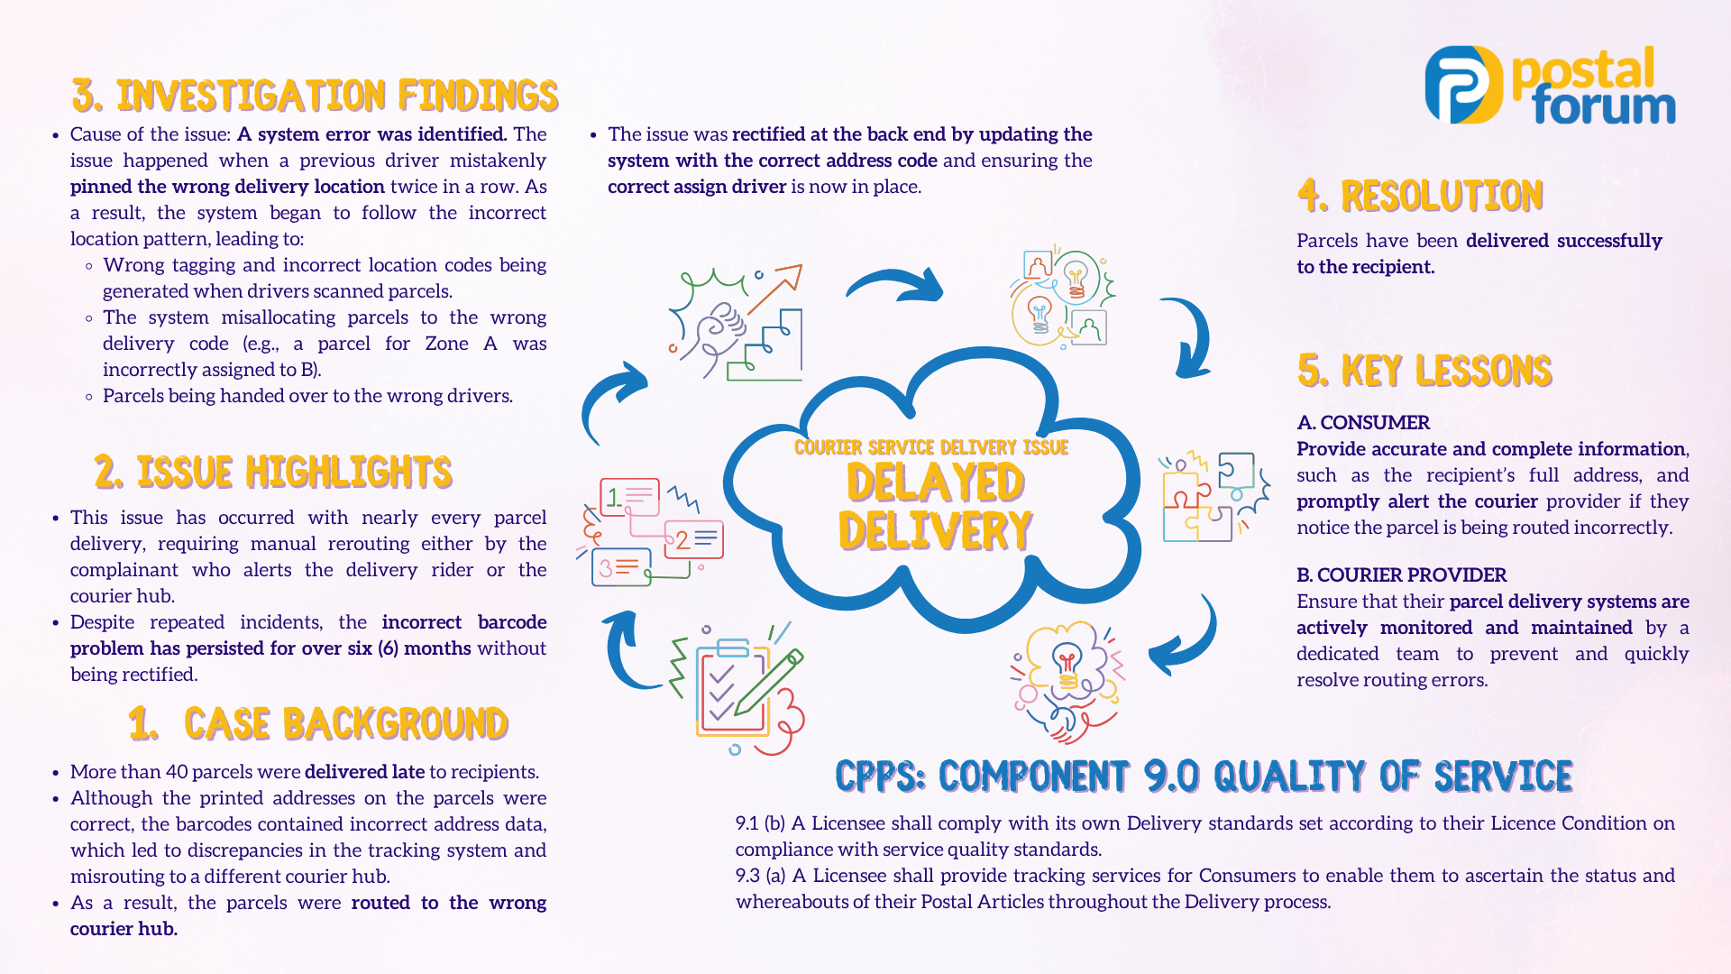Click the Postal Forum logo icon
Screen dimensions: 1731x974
[1464, 85]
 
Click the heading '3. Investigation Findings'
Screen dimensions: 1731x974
[315, 96]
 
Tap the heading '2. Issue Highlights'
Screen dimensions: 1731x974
[272, 472]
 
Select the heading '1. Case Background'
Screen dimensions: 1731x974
[318, 723]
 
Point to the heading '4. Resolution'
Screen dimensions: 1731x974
[1420, 196]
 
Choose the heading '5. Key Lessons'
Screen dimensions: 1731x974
[1424, 371]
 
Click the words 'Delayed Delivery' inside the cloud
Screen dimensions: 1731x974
[935, 506]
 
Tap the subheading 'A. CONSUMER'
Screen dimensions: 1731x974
[1363, 422]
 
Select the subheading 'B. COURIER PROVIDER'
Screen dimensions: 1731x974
[1401, 574]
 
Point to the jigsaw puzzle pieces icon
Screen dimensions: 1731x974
[1214, 496]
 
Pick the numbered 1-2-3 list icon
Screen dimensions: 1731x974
[651, 532]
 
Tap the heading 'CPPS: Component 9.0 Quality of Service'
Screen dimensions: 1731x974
[1204, 776]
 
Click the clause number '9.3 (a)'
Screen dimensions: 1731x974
[760, 875]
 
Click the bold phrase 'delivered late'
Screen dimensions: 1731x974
[364, 771]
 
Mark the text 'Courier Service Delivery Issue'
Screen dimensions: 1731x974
[931, 447]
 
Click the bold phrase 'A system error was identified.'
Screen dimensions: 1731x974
[372, 134]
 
